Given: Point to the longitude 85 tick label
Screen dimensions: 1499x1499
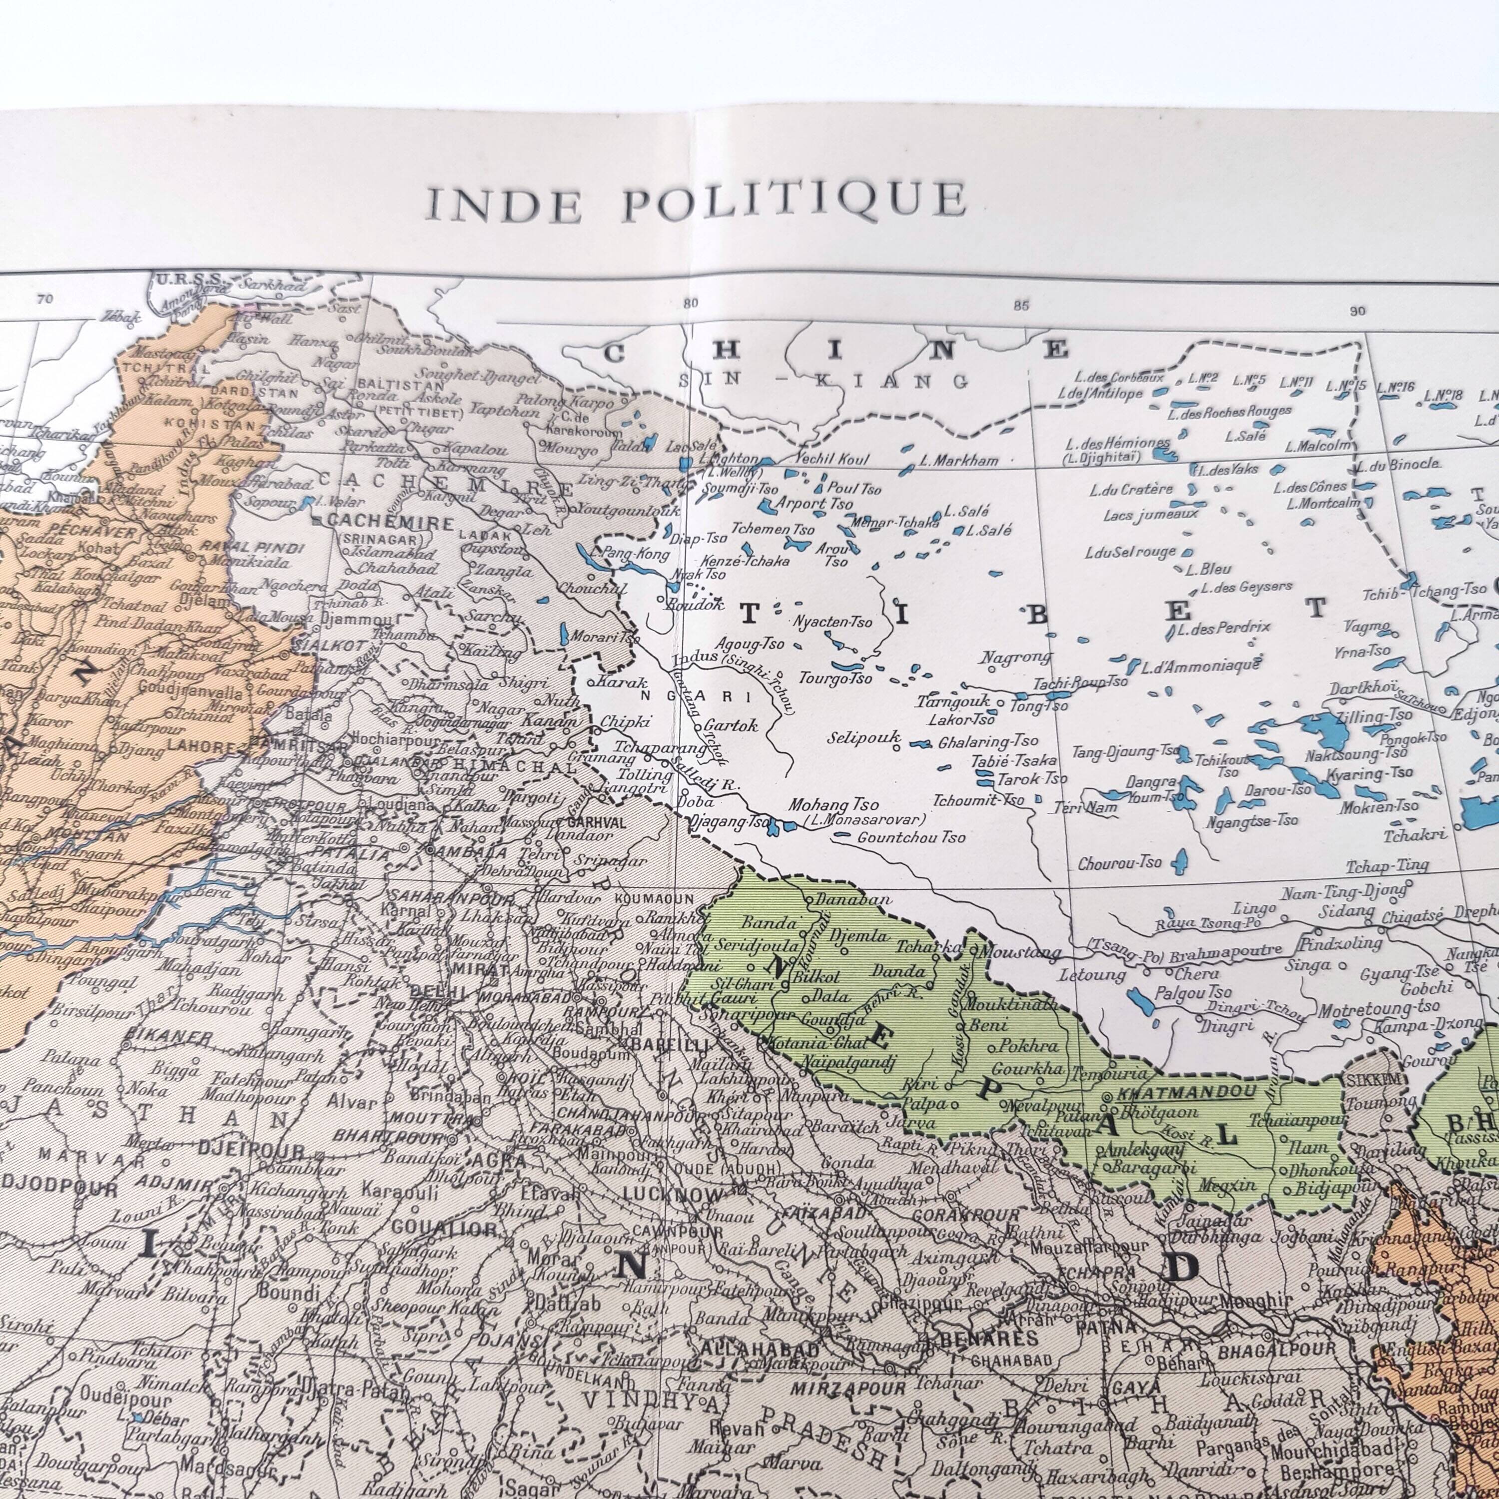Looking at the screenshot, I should pos(1020,306).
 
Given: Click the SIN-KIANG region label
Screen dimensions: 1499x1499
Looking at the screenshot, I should pos(824,381).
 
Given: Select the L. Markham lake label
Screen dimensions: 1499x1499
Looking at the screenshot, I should pos(959,461).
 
